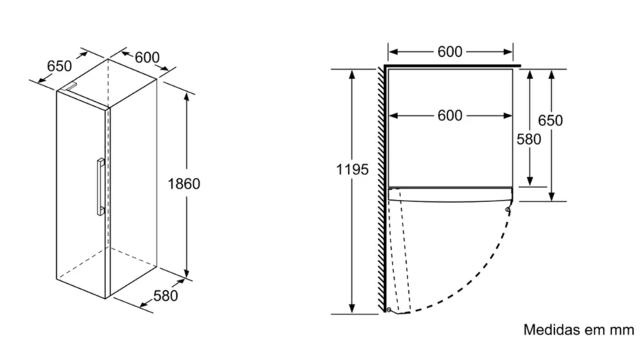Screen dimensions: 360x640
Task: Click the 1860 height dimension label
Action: (x=183, y=184)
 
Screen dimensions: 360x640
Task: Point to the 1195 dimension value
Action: (x=352, y=169)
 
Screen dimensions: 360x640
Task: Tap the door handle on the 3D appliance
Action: (x=99, y=186)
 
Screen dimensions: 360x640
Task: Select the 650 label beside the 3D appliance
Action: (x=59, y=65)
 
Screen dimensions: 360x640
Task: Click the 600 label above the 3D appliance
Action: (x=146, y=58)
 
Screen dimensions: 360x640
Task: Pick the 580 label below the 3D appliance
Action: (x=165, y=295)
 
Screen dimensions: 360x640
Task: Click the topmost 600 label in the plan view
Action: (x=449, y=51)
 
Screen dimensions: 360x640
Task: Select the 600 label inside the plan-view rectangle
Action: (x=449, y=115)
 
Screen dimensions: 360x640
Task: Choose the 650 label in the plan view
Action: (x=550, y=120)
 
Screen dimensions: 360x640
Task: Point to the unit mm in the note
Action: (x=621, y=330)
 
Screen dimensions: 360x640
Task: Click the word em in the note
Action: (x=594, y=330)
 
